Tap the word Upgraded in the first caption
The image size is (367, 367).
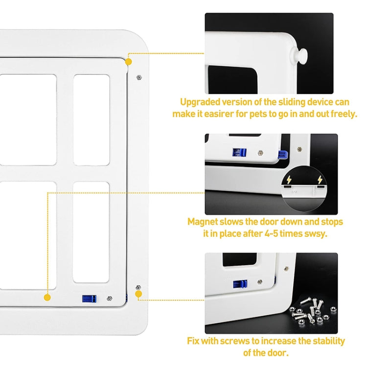[x=198, y=103]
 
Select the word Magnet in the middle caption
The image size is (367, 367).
[x=202, y=222]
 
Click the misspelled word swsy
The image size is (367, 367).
[x=315, y=233]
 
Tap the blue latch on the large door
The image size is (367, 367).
[x=88, y=298]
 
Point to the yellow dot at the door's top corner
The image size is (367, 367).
[x=129, y=62]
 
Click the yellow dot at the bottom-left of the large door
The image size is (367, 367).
[x=47, y=297]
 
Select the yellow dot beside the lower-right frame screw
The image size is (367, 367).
[x=138, y=294]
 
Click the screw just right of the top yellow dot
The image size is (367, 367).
[x=139, y=77]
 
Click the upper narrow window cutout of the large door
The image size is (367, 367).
[x=92, y=119]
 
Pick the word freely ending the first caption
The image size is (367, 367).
[x=344, y=115]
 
